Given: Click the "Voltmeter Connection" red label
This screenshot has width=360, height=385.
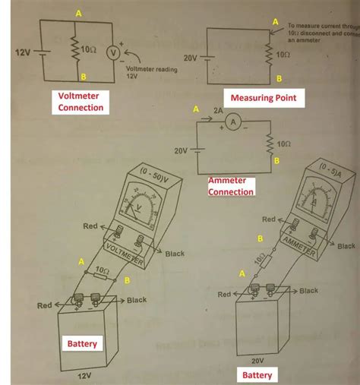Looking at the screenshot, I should click(81, 102).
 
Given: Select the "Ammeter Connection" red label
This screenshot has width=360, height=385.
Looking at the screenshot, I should click(231, 187).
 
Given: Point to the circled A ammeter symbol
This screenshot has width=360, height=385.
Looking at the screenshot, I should click(235, 122).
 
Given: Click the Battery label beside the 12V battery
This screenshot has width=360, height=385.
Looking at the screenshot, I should click(81, 343).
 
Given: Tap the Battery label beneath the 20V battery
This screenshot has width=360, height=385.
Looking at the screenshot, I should click(257, 375).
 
